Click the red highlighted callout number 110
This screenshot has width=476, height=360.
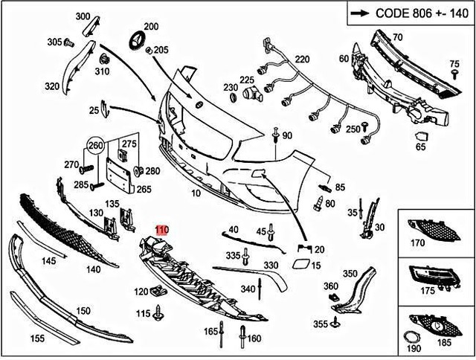click(161, 231)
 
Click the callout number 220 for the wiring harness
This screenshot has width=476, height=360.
click(302, 59)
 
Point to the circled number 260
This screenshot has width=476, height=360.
click(95, 146)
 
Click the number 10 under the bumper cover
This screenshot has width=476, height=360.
click(196, 193)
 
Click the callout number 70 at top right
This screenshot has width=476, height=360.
click(397, 36)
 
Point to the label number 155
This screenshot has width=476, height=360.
click(36, 338)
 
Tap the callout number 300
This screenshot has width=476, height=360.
click(82, 16)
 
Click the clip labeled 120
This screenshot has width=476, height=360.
click(157, 292)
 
